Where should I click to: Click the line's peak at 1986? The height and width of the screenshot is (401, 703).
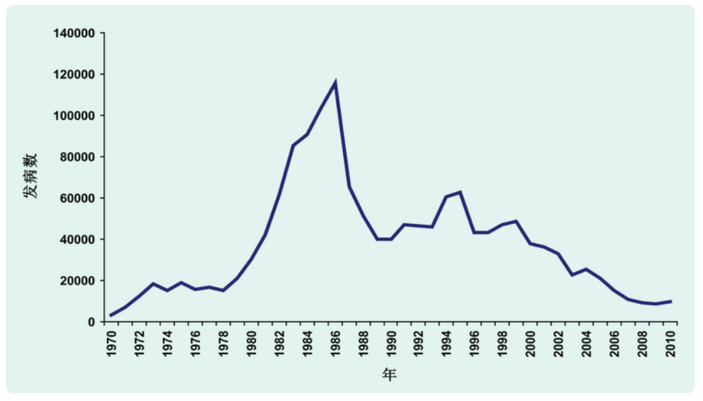(x=335, y=82)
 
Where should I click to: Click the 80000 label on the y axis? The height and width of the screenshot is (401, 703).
(x=79, y=157)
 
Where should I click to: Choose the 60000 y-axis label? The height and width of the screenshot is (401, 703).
(x=79, y=199)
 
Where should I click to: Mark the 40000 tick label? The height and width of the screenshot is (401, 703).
(x=79, y=240)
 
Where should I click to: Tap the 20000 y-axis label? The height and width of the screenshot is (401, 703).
(x=79, y=281)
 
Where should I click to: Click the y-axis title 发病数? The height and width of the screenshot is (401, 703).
(x=31, y=176)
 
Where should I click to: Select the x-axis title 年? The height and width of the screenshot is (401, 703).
(x=389, y=376)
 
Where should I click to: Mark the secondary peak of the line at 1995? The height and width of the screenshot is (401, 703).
(x=461, y=192)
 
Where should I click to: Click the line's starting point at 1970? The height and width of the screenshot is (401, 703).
(x=111, y=316)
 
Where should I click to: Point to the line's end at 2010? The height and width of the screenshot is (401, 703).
(x=671, y=301)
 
